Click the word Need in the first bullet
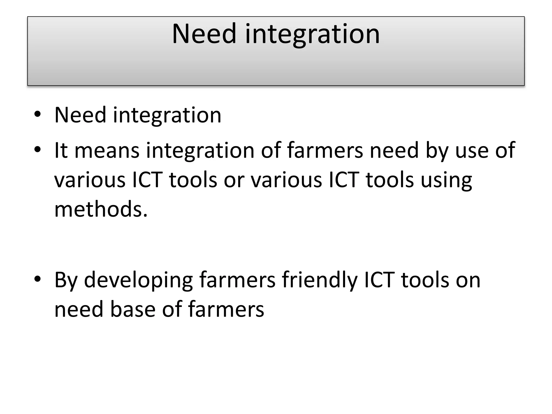tap(80, 115)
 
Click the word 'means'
tap(107, 150)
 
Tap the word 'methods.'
tap(101, 209)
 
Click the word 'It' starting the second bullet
tap(61, 150)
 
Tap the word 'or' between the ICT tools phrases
tap(234, 180)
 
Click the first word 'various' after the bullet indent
tap(90, 180)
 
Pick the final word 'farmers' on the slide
tap(226, 309)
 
